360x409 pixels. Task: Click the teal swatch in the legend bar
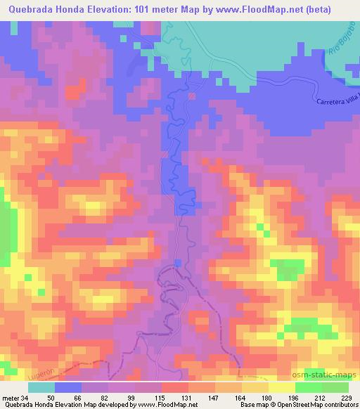pos(41,387)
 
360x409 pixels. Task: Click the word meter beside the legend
pos(11,397)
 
